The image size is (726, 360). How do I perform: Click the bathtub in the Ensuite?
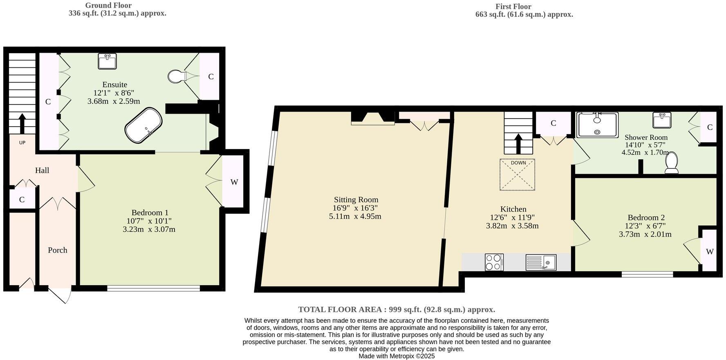[x=143, y=125]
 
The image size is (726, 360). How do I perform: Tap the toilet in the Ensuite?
[x=177, y=76]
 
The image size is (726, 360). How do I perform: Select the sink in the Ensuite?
[x=107, y=61]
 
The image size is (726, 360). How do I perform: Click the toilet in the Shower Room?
[x=672, y=163]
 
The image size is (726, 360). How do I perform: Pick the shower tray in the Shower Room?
[x=597, y=125]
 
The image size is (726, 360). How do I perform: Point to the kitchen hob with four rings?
[x=494, y=262]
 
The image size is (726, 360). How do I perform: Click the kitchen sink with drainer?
[x=541, y=262]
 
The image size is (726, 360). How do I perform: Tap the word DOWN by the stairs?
[x=518, y=163]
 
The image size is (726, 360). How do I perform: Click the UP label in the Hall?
[x=22, y=143]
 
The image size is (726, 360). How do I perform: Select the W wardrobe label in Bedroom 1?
[x=234, y=182]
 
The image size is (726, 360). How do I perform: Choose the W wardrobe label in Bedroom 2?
[x=710, y=252]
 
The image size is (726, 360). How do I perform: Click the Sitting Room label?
[x=356, y=200]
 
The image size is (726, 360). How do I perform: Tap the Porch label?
[x=58, y=250]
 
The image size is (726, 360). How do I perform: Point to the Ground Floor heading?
[x=108, y=5]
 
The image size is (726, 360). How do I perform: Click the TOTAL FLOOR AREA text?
[x=397, y=309]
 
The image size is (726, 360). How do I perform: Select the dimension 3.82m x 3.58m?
[x=512, y=226]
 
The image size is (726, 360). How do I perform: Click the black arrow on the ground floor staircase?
[x=22, y=123]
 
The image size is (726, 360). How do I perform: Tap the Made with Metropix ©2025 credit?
[x=397, y=356]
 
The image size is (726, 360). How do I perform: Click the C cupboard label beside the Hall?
[x=22, y=200]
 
